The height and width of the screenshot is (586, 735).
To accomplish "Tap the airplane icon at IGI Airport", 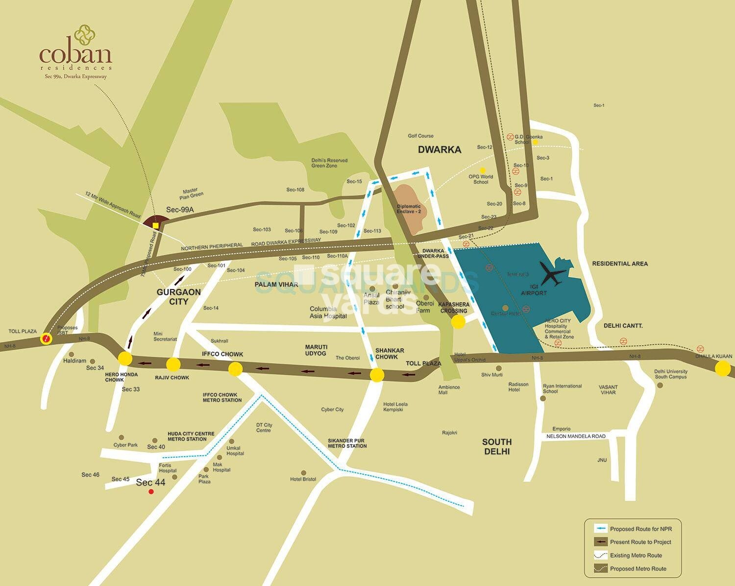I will coord(553,274).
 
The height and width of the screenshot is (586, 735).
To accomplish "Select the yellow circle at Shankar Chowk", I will coord(377,375).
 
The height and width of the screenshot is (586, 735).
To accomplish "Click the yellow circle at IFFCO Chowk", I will coord(235,368).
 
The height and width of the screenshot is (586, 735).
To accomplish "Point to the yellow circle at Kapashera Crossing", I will coord(458,322).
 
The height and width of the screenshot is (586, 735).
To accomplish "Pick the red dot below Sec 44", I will coord(151,491).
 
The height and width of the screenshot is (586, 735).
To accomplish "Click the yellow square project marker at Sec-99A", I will coord(156,225).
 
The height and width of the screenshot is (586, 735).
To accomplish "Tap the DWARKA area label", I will coord(440,150).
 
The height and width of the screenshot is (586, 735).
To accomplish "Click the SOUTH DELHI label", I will coord(496,446).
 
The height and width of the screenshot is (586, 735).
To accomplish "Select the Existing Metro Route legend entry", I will coord(636,555).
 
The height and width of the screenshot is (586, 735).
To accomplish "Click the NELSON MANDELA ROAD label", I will coord(576,436).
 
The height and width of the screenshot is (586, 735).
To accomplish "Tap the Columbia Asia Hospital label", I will coord(328,313).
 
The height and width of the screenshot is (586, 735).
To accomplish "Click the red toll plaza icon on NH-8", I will coord(46,338).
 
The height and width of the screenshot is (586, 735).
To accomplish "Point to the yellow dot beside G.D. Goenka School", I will coord(536,142).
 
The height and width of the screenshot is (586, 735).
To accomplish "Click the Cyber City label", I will coord(332,410).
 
